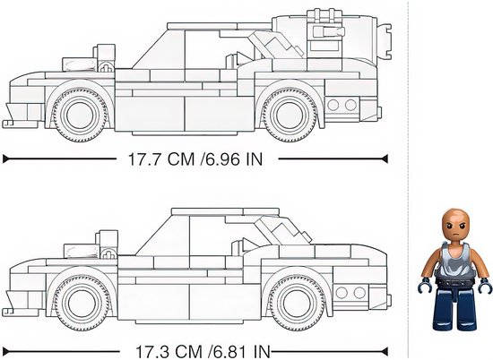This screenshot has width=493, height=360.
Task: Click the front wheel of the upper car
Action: [x=80, y=115]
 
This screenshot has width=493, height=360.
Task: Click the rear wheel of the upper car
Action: [x=290, y=115]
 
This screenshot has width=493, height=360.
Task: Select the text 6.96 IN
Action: [x=233, y=159]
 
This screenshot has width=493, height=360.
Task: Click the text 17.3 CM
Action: [x=169, y=352]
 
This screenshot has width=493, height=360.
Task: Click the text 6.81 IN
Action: [x=241, y=352]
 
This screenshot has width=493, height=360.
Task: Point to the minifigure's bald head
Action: [x=455, y=224]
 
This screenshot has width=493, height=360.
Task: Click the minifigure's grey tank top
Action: [x=455, y=260]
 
